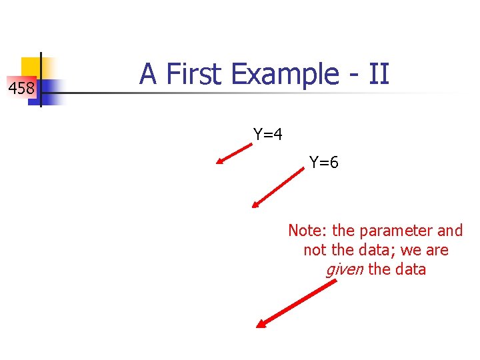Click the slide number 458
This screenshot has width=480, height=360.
coord(21,87)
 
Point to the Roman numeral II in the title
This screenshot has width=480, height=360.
coord(378,74)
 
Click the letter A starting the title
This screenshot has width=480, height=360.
coord(148,74)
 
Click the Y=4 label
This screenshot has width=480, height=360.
coord(268,135)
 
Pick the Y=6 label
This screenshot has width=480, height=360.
coord(324,162)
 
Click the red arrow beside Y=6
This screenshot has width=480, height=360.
coord(277,189)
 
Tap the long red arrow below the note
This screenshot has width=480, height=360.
coord(297,304)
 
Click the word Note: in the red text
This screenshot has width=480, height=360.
coord(308,231)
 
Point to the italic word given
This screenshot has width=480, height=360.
coord(344,270)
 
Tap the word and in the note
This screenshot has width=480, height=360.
coord(449,231)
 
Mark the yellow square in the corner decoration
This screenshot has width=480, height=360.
coord(32,67)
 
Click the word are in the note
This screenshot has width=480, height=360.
coord(437,251)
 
